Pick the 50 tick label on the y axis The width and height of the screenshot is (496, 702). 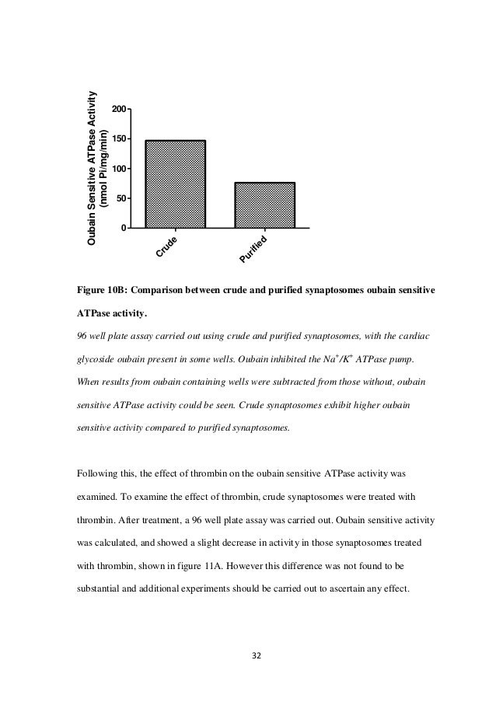[x=121, y=198]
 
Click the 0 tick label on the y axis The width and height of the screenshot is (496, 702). [x=124, y=228]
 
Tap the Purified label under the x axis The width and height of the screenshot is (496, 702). [x=253, y=249]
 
